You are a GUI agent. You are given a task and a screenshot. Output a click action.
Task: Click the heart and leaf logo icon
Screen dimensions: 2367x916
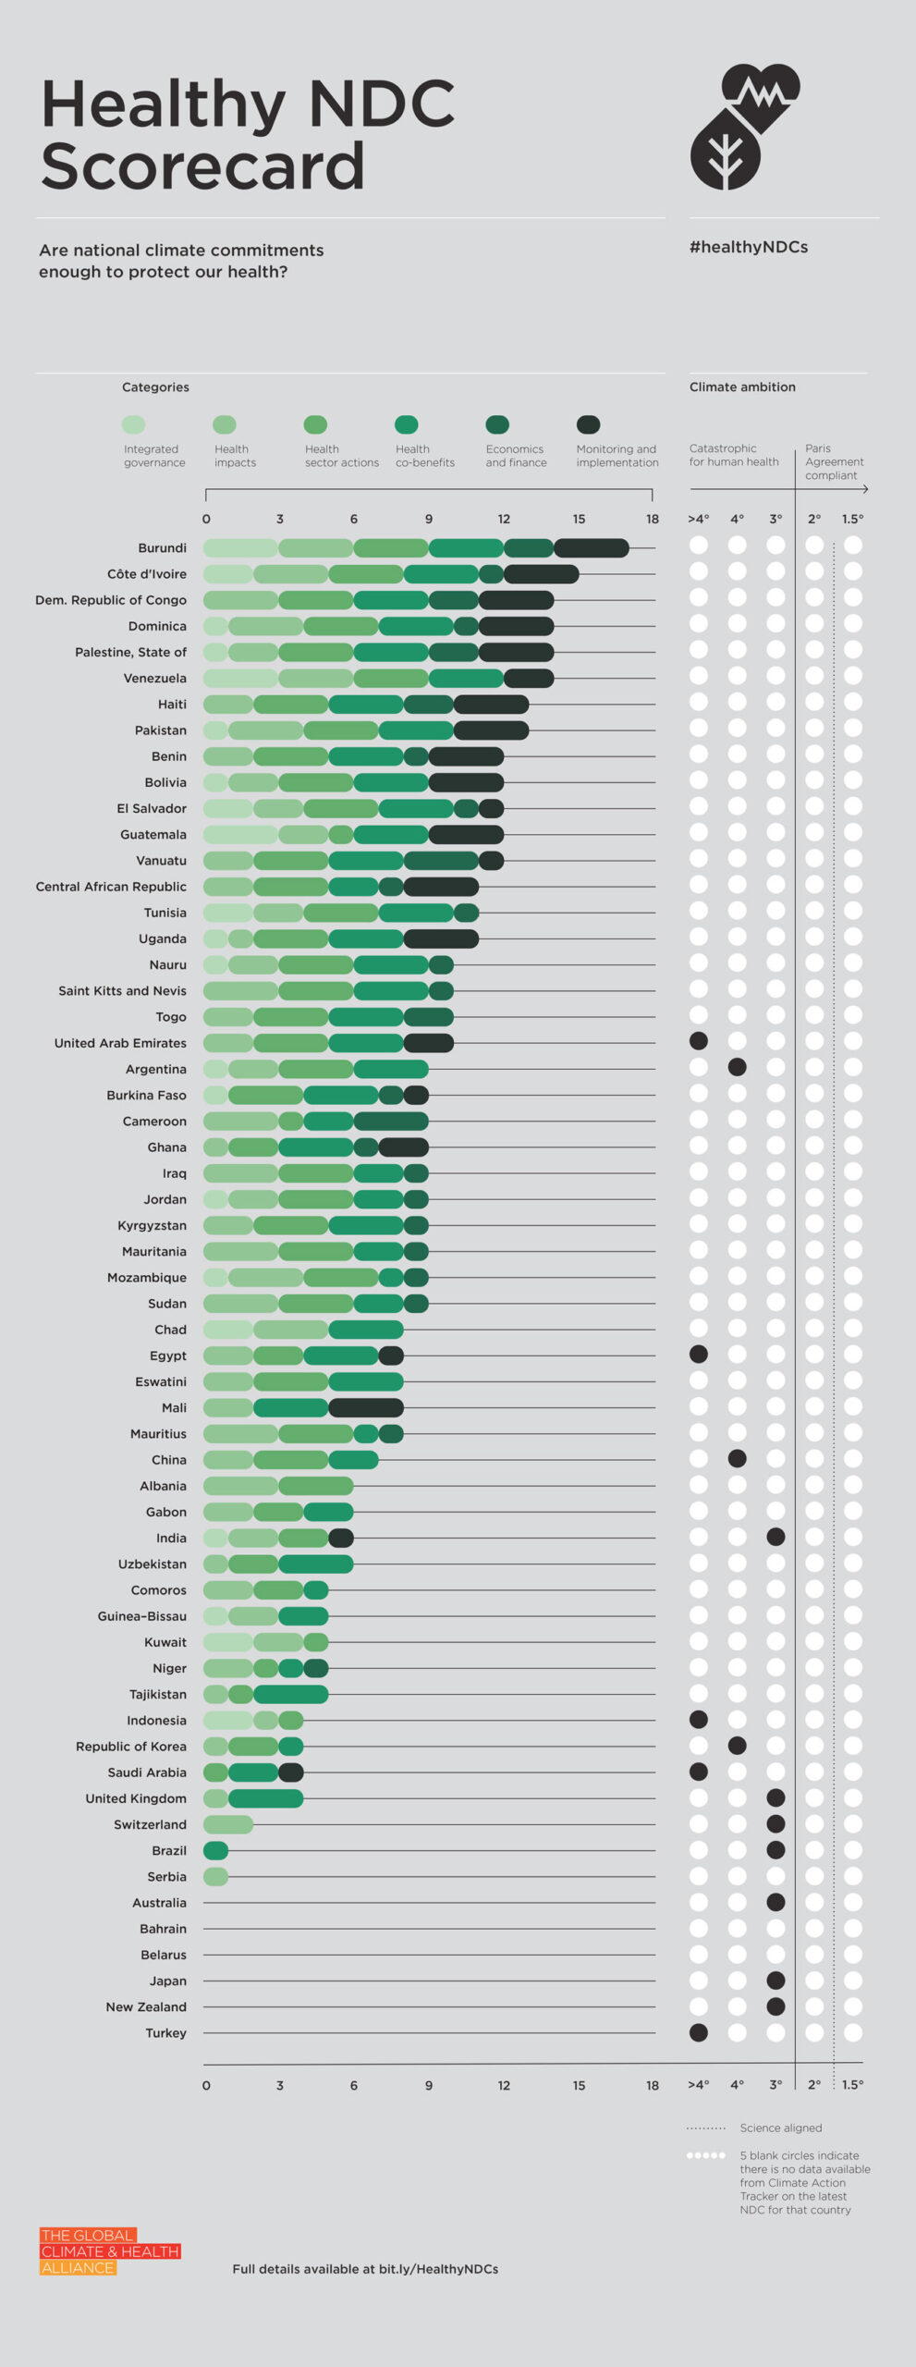[744, 127]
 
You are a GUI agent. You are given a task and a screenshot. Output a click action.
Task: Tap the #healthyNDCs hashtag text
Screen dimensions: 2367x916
[749, 247]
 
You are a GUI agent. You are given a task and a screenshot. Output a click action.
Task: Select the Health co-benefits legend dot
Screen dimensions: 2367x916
[407, 424]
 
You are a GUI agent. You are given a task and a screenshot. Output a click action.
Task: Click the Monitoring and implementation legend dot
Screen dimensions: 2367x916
[588, 424]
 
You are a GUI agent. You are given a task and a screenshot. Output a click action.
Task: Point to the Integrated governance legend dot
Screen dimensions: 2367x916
[134, 424]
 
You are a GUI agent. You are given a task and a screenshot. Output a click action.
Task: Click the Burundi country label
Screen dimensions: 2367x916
[162, 548]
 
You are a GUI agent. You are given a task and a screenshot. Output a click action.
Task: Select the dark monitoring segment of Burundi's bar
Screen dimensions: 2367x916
[592, 548]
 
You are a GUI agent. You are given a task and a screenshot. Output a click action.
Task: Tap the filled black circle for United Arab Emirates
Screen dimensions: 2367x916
[699, 1041]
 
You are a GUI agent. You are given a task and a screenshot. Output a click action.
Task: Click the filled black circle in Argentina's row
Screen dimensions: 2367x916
[737, 1067]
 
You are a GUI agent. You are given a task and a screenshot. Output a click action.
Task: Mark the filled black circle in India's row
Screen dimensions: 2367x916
[776, 1537]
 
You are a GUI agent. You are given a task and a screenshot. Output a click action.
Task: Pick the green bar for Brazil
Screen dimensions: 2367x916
[216, 1850]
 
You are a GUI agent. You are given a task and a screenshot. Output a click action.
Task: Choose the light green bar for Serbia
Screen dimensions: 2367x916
[216, 1876]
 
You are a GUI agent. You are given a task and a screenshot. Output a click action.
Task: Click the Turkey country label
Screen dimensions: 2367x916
[165, 2033]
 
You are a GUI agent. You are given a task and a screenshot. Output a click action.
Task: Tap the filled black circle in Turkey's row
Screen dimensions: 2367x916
[699, 2032]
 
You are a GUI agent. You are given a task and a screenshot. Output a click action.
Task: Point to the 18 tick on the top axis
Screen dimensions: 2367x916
[653, 519]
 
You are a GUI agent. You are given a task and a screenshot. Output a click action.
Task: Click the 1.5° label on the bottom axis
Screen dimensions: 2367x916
[852, 2085]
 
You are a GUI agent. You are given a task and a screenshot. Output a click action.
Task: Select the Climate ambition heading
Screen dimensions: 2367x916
[742, 386]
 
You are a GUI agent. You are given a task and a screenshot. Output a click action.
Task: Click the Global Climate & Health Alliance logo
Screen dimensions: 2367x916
[110, 2251]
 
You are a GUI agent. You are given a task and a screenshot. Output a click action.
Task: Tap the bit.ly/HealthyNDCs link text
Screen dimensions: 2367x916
[438, 2269]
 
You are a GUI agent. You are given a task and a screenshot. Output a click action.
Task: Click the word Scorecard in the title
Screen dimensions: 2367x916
[202, 166]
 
